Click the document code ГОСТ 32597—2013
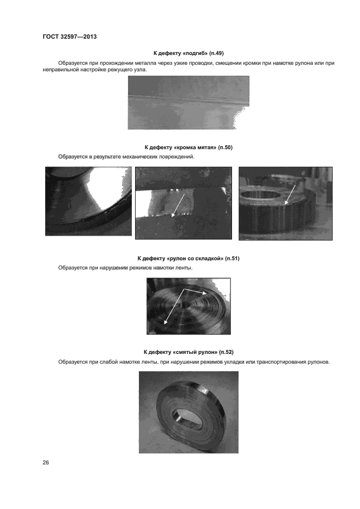(x=69, y=37)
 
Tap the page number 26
(x=46, y=463)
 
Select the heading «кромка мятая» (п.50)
(x=188, y=148)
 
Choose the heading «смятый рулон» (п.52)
(x=188, y=352)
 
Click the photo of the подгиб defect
(x=188, y=102)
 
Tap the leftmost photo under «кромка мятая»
(x=88, y=201)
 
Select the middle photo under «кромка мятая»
(x=184, y=203)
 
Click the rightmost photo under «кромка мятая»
(x=285, y=203)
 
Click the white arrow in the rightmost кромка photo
(x=291, y=195)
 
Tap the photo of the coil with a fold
(x=188, y=306)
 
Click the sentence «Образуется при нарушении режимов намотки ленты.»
(x=125, y=268)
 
